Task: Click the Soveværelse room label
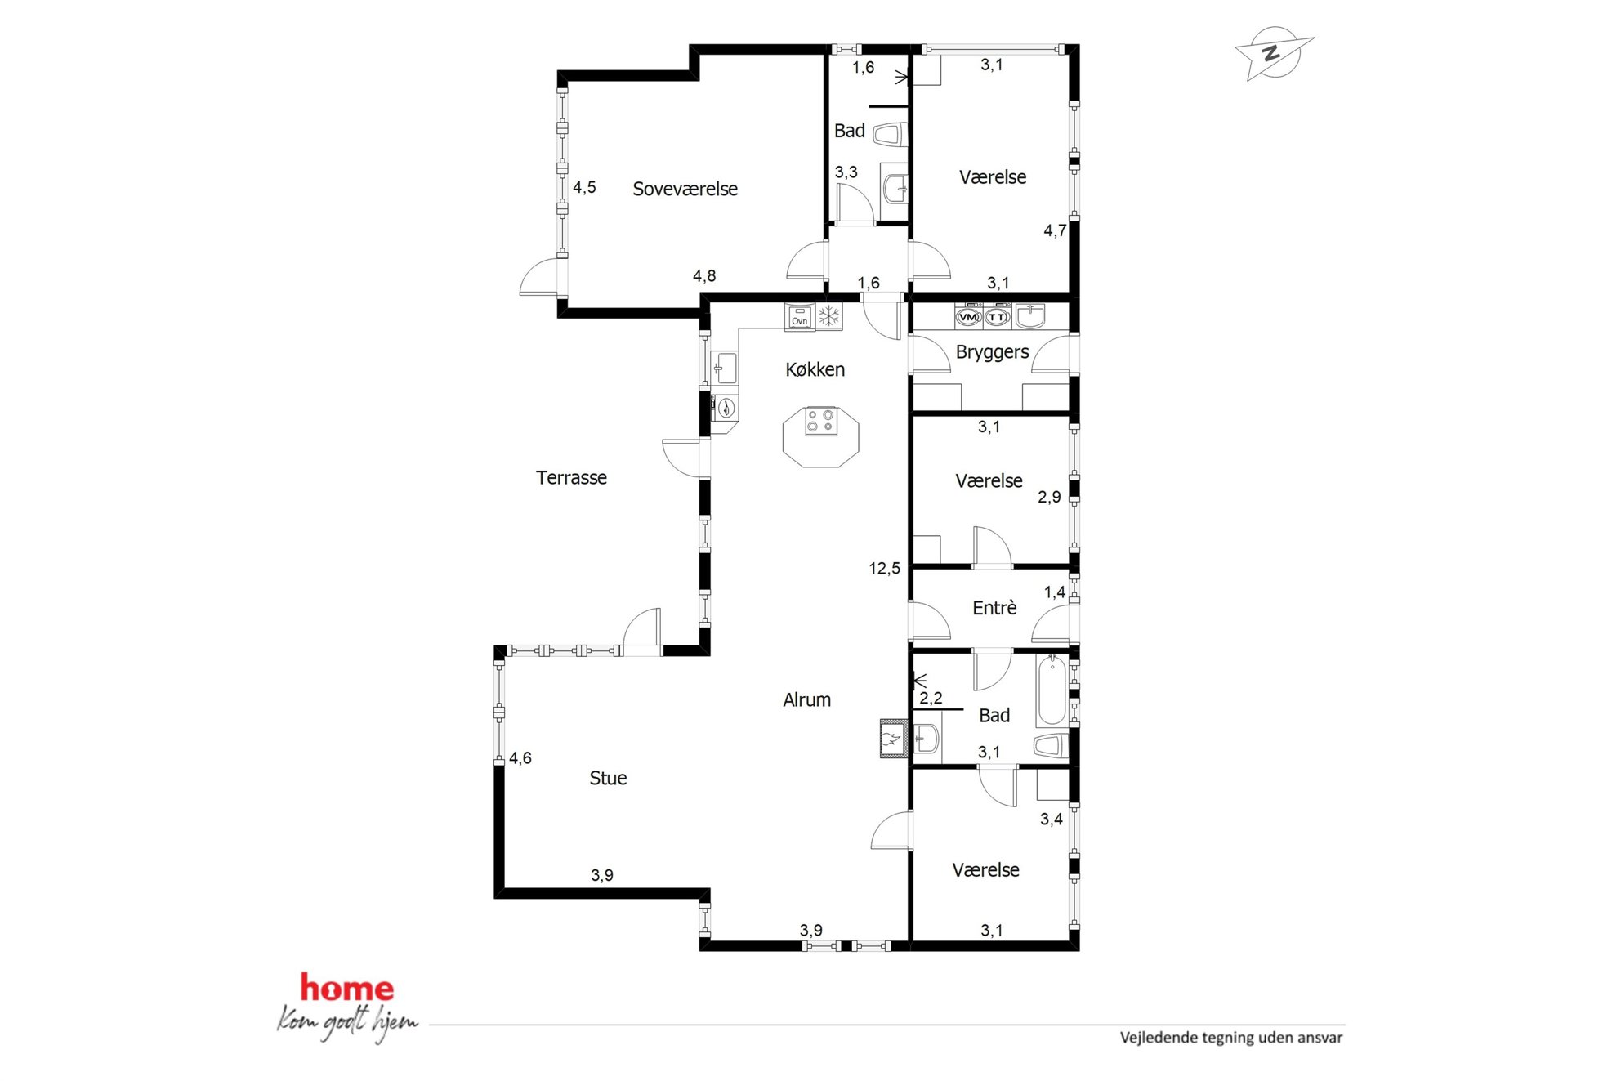(x=685, y=189)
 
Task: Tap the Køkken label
(x=815, y=369)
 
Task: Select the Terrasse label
(x=571, y=477)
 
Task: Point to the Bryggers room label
(x=992, y=352)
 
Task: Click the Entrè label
(x=994, y=607)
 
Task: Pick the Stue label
(x=608, y=778)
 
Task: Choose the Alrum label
(x=806, y=699)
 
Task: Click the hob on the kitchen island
(x=820, y=422)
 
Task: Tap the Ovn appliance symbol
(x=799, y=316)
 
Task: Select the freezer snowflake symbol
(x=828, y=316)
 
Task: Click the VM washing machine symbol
(x=968, y=316)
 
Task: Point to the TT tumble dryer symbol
(x=997, y=316)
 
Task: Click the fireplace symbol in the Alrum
(x=893, y=739)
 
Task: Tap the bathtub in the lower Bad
(x=1052, y=690)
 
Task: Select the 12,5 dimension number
(x=884, y=568)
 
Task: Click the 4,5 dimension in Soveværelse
(x=584, y=187)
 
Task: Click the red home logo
(x=347, y=987)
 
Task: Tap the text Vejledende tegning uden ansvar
(x=1231, y=1038)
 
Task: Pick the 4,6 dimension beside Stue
(x=520, y=758)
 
